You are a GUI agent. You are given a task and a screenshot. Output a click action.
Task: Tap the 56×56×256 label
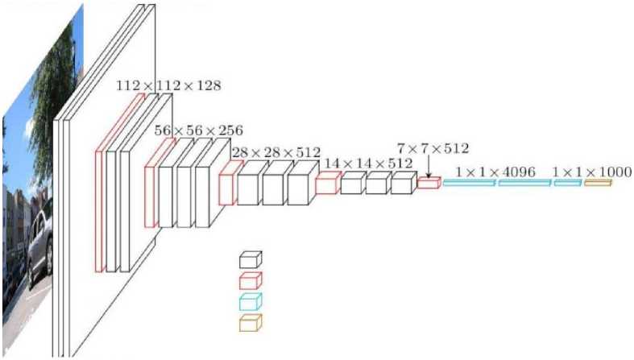(198, 130)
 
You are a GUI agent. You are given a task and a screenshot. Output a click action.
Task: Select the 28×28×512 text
(276, 152)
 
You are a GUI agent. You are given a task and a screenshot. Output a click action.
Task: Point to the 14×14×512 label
(369, 163)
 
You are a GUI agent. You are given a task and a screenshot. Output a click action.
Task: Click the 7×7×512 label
(433, 148)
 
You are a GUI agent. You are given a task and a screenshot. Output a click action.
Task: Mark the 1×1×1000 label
(592, 172)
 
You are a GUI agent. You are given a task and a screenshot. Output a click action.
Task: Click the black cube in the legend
(251, 259)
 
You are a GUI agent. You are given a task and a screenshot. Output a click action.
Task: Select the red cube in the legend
(251, 280)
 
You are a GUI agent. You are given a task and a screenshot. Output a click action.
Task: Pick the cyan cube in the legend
(251, 302)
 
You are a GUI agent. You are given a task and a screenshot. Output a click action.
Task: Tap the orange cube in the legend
(251, 323)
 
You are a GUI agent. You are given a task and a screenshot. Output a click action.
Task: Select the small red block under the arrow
(429, 184)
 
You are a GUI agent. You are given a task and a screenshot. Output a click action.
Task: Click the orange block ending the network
(598, 184)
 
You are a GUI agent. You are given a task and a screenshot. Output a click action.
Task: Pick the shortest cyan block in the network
(567, 184)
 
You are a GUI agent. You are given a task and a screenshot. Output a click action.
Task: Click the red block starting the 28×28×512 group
(230, 183)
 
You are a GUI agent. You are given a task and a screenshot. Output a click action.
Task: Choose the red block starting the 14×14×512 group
(326, 184)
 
